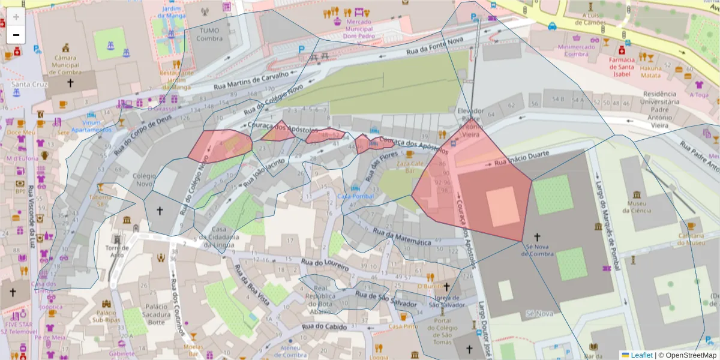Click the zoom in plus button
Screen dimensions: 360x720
coord(16,17)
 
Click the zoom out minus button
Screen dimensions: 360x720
coord(16,35)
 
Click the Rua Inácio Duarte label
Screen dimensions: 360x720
coord(513,158)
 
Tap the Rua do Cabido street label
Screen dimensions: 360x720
coord(324,326)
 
